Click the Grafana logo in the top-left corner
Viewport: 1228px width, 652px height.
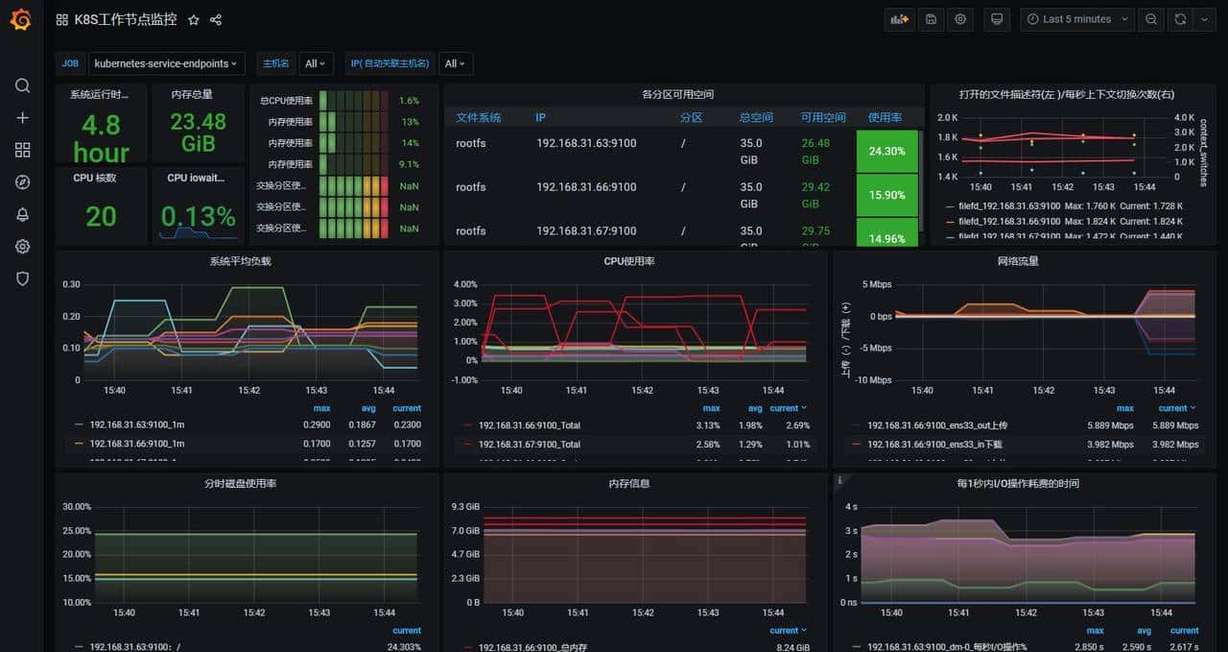21,20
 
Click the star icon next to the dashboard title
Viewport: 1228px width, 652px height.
194,20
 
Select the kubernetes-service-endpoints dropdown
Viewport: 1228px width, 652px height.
167,63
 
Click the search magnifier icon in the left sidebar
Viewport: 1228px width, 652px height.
22,85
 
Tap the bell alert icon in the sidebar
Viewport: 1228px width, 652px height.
22,214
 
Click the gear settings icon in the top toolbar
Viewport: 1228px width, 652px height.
960,19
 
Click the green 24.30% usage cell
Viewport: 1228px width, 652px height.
886,152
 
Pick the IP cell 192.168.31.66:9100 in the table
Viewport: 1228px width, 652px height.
585,187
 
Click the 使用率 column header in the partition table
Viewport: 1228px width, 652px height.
885,117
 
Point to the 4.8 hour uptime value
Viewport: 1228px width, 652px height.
101,138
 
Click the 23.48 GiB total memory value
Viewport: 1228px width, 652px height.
198,133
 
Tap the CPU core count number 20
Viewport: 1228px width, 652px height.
101,217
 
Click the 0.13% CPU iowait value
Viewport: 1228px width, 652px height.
198,216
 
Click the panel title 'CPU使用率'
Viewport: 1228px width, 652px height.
633,261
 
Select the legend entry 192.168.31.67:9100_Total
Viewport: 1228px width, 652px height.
529,445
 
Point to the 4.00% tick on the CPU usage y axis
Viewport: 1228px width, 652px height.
464,284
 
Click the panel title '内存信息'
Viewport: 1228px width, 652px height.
633,484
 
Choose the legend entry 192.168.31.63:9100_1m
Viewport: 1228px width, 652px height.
136,424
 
